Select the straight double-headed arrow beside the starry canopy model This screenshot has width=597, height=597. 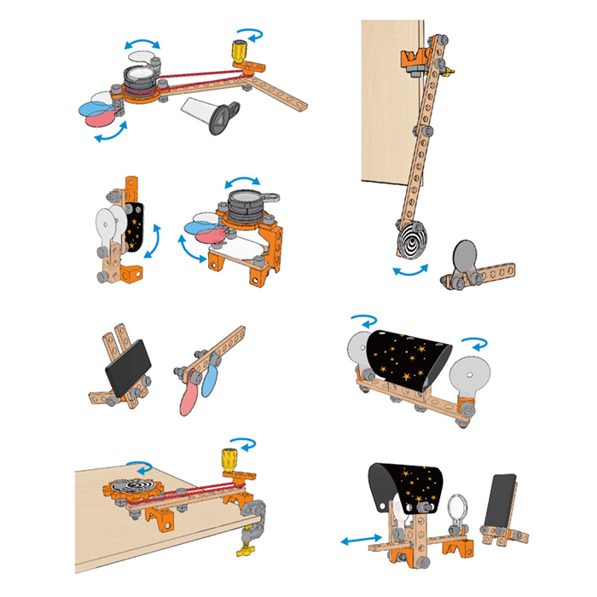[x=358, y=538]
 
